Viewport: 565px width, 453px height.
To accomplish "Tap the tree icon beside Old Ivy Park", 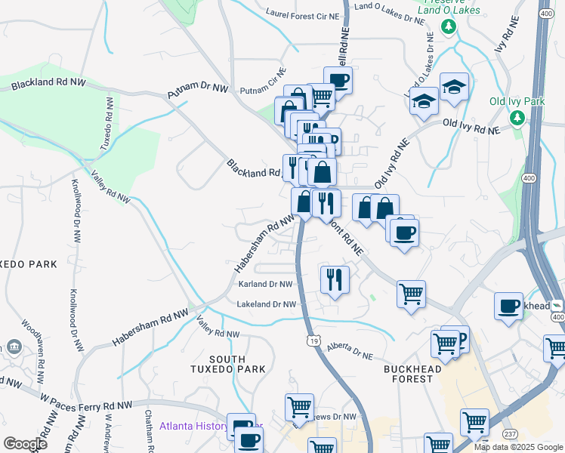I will (517, 118).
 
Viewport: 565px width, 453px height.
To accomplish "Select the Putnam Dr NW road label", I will (197, 90).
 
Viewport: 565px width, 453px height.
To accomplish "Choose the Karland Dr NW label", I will (265, 285).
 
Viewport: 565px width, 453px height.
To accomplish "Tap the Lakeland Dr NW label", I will (265, 304).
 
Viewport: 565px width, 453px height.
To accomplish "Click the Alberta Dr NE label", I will (350, 350).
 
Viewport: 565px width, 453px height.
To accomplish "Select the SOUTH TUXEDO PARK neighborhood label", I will (227, 364).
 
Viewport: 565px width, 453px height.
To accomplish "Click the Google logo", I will (25, 444).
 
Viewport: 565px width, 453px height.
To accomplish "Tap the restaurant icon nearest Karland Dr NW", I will (334, 279).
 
